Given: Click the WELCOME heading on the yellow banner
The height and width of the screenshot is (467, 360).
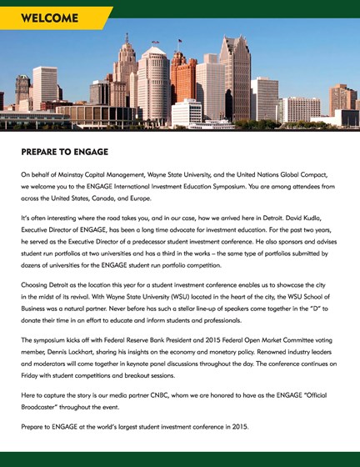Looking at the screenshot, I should tap(49, 18).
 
